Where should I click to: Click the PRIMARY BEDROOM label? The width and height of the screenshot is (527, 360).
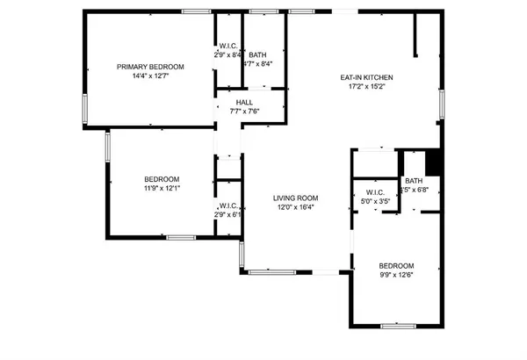(x=151, y=67)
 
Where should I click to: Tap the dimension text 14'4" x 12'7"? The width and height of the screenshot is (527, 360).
(x=151, y=76)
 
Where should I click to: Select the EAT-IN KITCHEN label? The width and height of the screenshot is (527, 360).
(x=365, y=77)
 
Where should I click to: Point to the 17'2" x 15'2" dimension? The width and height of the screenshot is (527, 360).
(x=365, y=86)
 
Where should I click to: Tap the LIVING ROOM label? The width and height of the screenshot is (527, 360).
(x=295, y=198)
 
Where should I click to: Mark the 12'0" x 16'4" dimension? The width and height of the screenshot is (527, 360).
(x=295, y=207)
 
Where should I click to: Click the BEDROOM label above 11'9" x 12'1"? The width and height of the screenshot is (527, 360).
(x=162, y=179)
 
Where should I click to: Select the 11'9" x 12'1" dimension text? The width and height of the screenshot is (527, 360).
(x=162, y=188)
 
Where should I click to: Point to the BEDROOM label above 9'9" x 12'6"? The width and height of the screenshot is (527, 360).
(x=396, y=266)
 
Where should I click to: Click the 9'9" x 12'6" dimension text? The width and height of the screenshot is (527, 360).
(x=396, y=275)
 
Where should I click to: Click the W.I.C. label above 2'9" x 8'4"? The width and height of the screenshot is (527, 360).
(x=228, y=46)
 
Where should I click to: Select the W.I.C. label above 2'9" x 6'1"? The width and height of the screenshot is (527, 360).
(x=228, y=205)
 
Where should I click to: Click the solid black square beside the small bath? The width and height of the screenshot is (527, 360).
(x=432, y=163)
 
